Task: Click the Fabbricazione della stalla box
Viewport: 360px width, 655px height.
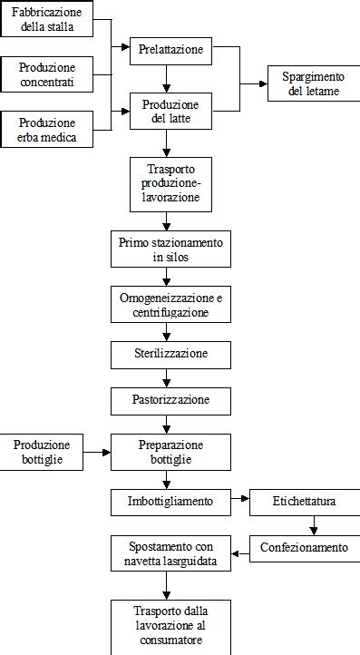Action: coord(46,19)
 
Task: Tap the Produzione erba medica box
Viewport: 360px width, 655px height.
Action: coord(46,130)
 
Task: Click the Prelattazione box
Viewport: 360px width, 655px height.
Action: coord(170,50)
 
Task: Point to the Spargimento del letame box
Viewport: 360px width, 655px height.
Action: coord(307,84)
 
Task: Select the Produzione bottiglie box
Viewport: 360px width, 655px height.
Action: coord(42,452)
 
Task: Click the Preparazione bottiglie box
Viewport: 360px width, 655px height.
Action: coord(170,452)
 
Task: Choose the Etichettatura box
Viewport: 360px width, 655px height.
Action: coord(304,501)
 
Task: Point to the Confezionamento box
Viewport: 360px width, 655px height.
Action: coord(304,548)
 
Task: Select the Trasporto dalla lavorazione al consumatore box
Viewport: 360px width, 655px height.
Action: coord(165,626)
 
